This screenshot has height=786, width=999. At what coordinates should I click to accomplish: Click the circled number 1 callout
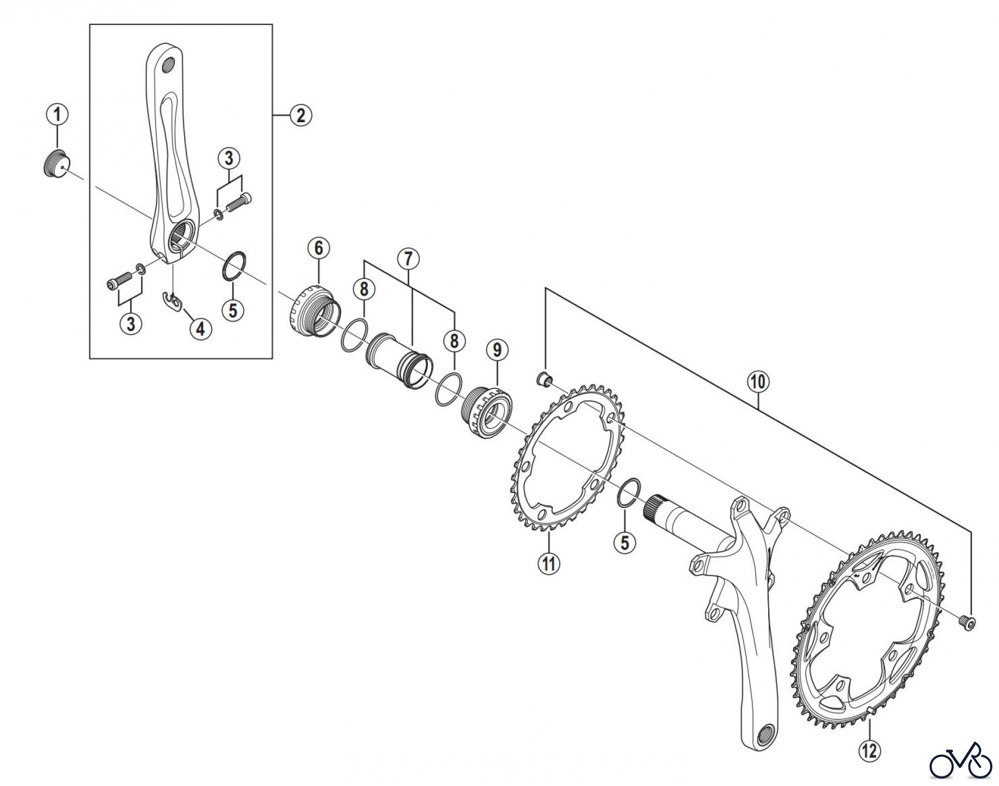coord(57,116)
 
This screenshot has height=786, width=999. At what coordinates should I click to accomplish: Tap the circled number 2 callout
coord(300,116)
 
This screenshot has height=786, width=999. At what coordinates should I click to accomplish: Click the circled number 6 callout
coord(319,249)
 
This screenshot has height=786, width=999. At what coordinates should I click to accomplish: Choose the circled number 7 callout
coord(409,259)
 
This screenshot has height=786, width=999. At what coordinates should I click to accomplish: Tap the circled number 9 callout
coord(497,350)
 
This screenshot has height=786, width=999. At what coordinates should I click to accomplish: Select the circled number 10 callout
coord(759,382)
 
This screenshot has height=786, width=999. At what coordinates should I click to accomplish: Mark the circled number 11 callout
coord(549,564)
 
